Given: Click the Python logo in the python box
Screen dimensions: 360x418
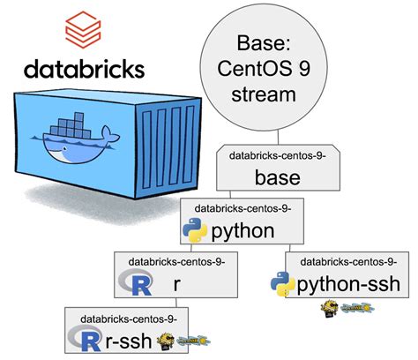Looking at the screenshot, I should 194,231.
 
